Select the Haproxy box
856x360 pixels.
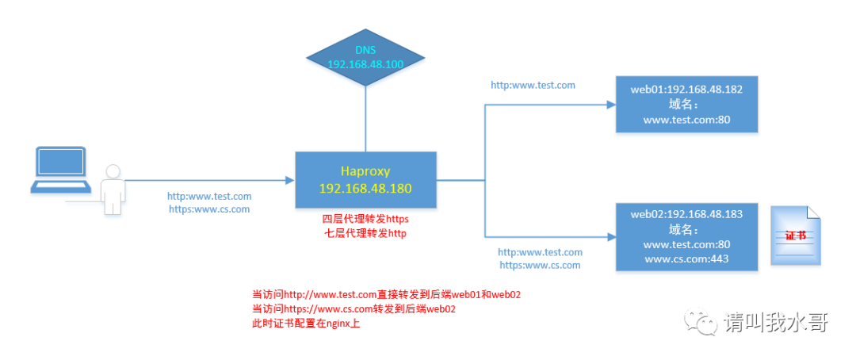[365, 179]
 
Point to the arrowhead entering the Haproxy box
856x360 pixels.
[290, 179]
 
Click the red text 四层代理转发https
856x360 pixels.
[365, 219]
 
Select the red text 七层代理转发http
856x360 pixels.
[365, 233]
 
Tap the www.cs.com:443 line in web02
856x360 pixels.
[686, 259]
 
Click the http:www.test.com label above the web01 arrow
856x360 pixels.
[533, 84]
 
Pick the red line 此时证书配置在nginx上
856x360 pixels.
[306, 324]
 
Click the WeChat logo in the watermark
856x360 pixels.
[701, 321]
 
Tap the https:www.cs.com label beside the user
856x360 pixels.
[209, 209]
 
